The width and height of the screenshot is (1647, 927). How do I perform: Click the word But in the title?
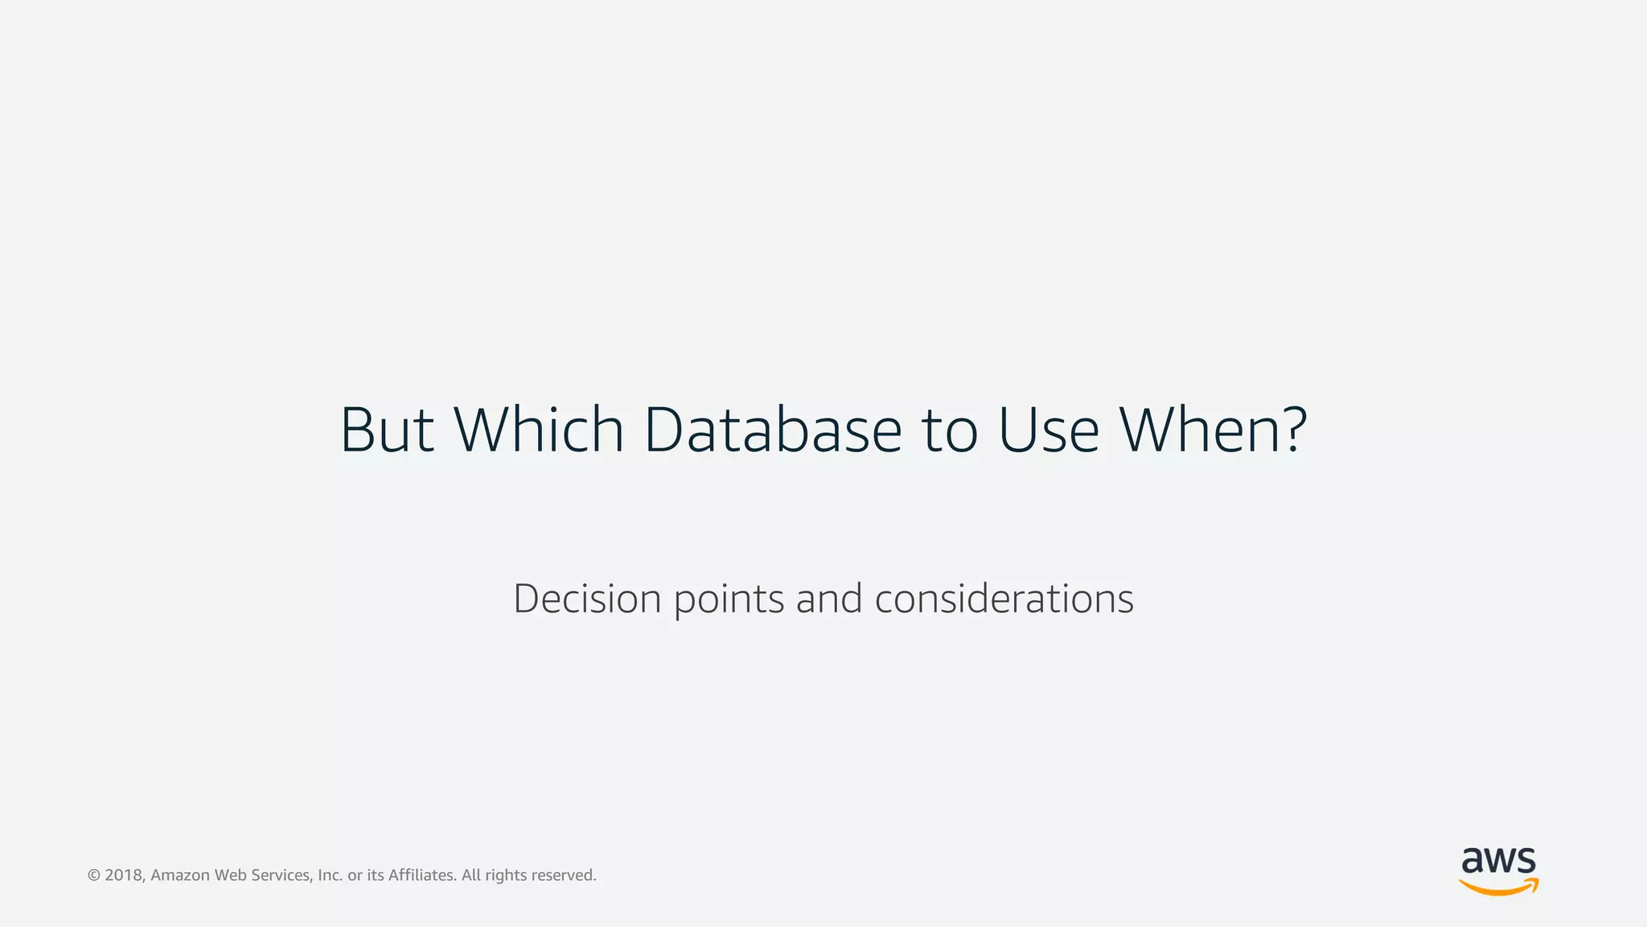pyautogui.click(x=387, y=430)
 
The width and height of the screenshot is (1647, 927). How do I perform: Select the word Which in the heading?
pyautogui.click(x=539, y=430)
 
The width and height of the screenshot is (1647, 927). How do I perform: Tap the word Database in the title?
pyautogui.click(x=773, y=430)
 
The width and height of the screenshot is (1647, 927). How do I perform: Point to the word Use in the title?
pyautogui.click(x=1048, y=430)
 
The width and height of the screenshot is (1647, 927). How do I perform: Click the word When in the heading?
pyautogui.click(x=1198, y=430)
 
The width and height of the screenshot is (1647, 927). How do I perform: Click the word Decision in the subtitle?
pyautogui.click(x=587, y=599)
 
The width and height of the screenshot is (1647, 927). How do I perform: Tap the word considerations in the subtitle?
pyautogui.click(x=1004, y=599)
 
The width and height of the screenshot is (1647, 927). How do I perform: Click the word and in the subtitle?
pyautogui.click(x=829, y=599)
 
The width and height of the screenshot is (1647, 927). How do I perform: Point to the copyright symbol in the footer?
pyautogui.click(x=93, y=875)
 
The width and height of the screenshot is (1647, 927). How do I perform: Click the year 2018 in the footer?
pyautogui.click(x=125, y=875)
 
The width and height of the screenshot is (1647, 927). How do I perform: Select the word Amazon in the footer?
pyautogui.click(x=180, y=875)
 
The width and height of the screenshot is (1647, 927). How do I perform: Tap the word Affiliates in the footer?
pyautogui.click(x=422, y=875)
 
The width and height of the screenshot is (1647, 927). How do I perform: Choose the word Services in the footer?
pyautogui.click(x=281, y=875)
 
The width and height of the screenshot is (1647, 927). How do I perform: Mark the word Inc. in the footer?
pyautogui.click(x=330, y=875)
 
